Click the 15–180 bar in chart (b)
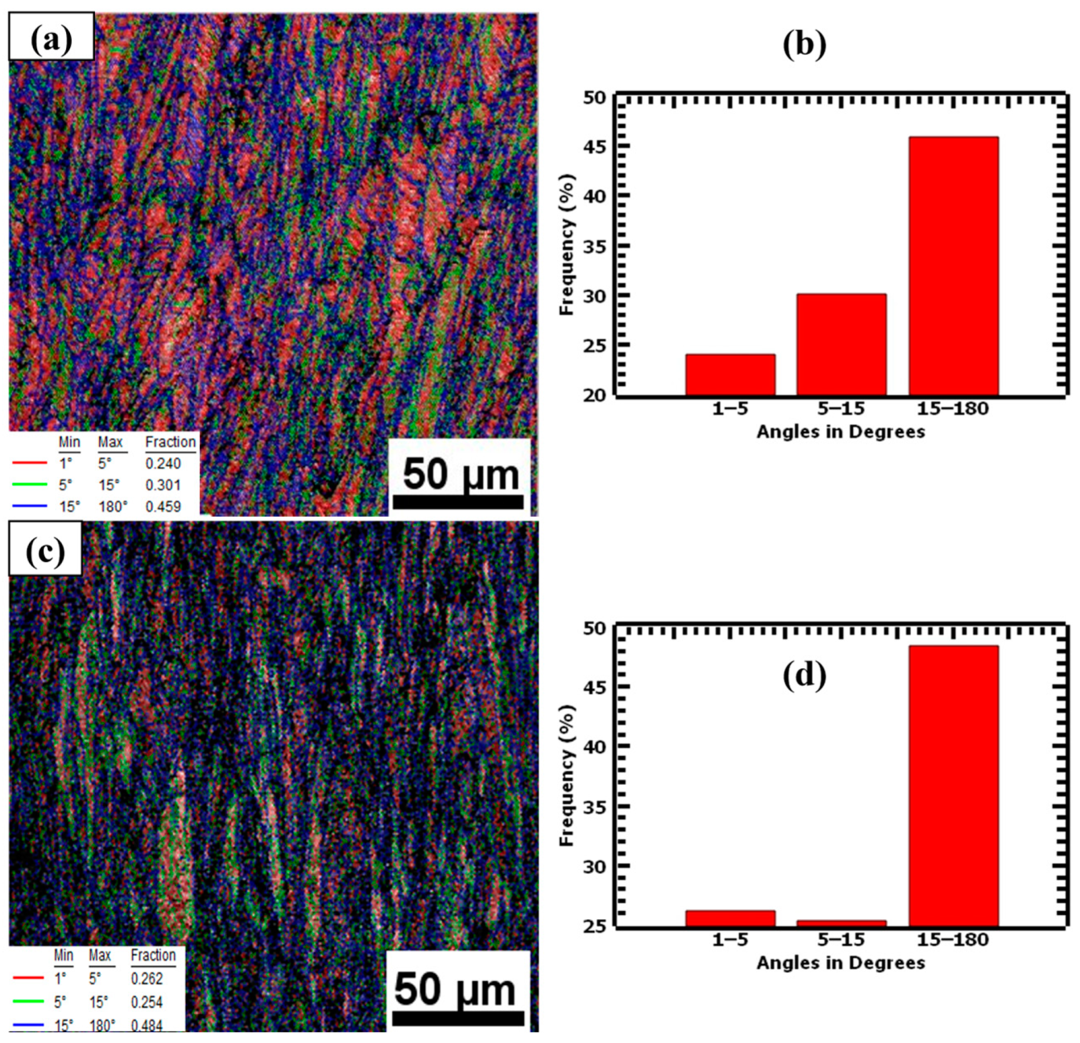953,265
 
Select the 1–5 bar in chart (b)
730,375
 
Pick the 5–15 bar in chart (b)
841,344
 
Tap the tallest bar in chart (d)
953,786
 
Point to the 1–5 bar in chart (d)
730,919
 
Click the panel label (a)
51,37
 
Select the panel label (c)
45,550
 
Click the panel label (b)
804,44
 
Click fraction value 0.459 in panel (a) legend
163,507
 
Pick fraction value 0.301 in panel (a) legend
163,485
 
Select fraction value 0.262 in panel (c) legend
147,979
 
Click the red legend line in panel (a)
29,463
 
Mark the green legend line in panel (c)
28,1001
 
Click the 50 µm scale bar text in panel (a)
460,474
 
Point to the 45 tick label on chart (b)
594,147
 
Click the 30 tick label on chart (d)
594,867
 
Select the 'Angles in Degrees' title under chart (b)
841,432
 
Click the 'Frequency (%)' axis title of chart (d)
567,775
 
